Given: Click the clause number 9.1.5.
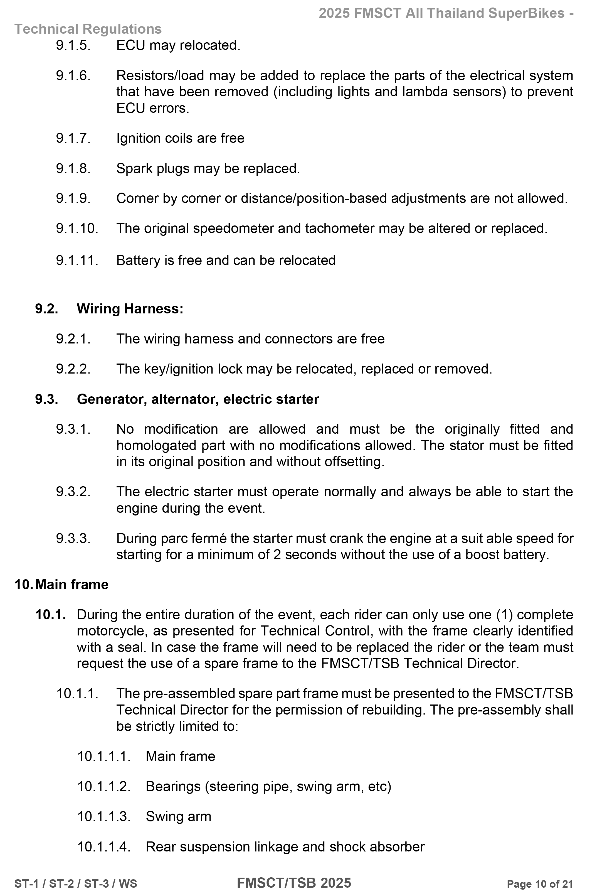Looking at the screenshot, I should point(73,45).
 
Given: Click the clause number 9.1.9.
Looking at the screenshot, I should point(73,198).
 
